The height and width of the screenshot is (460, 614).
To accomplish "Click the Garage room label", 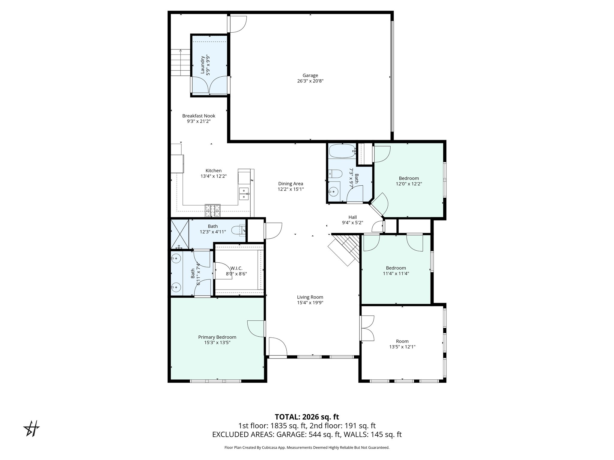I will coord(310,75).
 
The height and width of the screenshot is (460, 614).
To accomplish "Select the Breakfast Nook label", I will coord(199,116).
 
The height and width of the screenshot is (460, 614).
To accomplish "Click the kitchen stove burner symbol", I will coord(213,211).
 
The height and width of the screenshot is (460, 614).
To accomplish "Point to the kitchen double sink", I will coord(244,194).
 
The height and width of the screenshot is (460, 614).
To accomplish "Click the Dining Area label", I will coord(291,184).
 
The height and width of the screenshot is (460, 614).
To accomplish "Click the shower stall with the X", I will coord(180,234).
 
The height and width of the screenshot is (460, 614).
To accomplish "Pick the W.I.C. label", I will coord(236,268).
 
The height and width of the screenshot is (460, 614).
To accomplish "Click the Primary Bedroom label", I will coord(217,337).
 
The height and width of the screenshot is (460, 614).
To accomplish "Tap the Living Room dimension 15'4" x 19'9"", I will coord(310,303).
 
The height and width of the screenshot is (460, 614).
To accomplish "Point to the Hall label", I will coord(353,217).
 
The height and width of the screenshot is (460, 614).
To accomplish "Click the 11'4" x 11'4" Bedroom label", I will coord(396,268).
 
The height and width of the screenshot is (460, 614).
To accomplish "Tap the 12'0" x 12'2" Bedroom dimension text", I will coord(409,184).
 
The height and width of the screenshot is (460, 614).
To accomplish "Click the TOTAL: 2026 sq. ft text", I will coord(307,417).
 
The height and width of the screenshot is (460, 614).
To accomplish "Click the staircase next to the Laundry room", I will coord(181,63).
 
